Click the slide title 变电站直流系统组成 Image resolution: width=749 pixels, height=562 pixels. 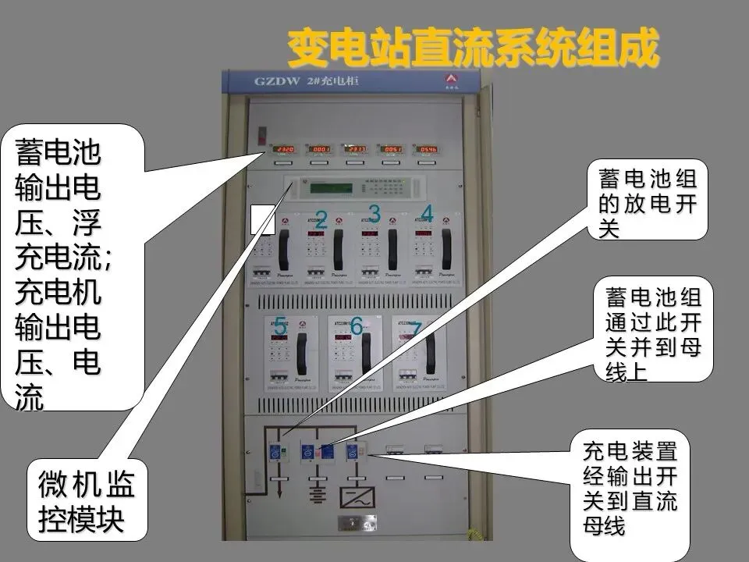pyautogui.click(x=472, y=48)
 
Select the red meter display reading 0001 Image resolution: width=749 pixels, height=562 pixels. pyautogui.click(x=319, y=148)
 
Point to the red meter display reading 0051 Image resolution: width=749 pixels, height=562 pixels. pyautogui.click(x=391, y=148)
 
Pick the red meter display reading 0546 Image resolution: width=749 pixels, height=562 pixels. pyautogui.click(x=427, y=148)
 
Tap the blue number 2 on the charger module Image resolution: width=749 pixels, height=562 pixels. pyautogui.click(x=321, y=220)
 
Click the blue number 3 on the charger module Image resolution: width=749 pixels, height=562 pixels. pyautogui.click(x=374, y=213)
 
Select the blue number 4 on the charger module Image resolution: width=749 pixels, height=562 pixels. pyautogui.click(x=427, y=213)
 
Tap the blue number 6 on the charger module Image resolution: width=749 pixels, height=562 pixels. pyautogui.click(x=357, y=326)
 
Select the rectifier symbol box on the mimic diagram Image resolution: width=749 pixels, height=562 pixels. pyautogui.click(x=357, y=497)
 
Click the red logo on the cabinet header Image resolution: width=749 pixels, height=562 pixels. pyautogui.click(x=451, y=80)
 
